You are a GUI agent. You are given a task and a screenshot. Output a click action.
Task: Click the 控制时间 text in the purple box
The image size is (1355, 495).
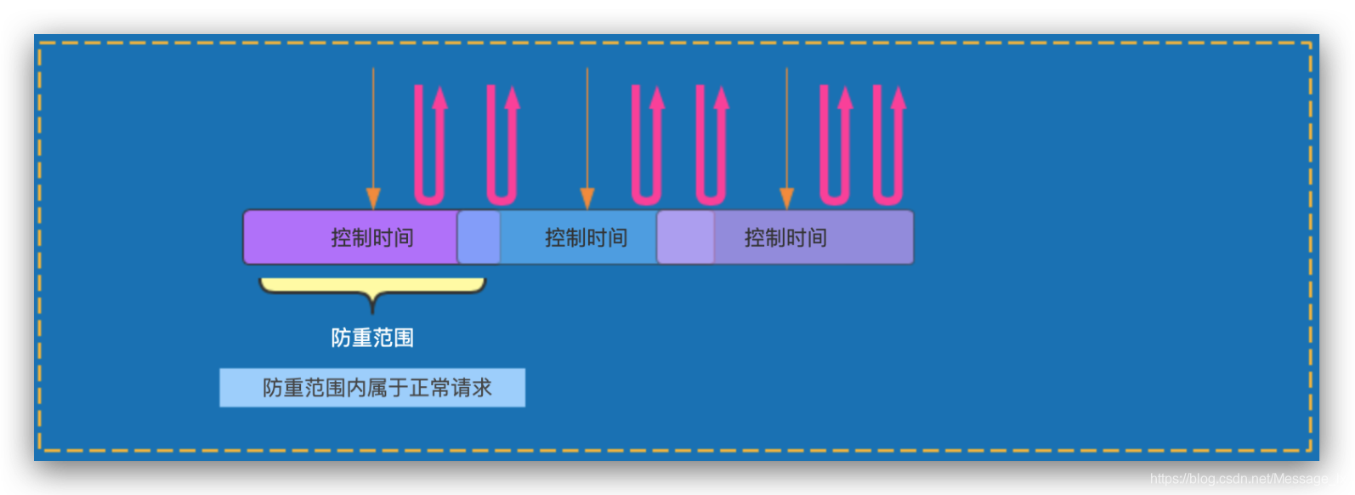click(372, 237)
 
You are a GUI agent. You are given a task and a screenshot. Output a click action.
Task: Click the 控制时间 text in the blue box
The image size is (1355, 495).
click(586, 237)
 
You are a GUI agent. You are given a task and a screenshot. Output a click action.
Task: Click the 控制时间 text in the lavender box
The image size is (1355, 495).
click(785, 237)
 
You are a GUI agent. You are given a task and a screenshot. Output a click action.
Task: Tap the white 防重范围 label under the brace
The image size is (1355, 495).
click(372, 338)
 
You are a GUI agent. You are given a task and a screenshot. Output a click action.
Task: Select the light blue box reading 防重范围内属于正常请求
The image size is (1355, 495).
click(372, 388)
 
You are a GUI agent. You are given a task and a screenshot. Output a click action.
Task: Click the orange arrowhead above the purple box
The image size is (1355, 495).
click(373, 199)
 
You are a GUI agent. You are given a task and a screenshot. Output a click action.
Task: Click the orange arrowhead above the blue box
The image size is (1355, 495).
click(587, 199)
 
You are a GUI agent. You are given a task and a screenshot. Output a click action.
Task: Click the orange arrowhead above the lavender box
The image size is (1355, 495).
click(786, 199)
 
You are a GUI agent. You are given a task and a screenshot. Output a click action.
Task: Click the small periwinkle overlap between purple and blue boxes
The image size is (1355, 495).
click(479, 237)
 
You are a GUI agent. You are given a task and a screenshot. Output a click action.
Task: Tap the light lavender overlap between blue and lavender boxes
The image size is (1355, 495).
click(685, 237)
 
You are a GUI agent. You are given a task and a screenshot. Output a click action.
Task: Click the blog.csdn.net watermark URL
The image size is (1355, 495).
click(1248, 479)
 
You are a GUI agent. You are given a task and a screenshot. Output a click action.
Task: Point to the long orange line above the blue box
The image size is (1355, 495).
click(587, 128)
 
